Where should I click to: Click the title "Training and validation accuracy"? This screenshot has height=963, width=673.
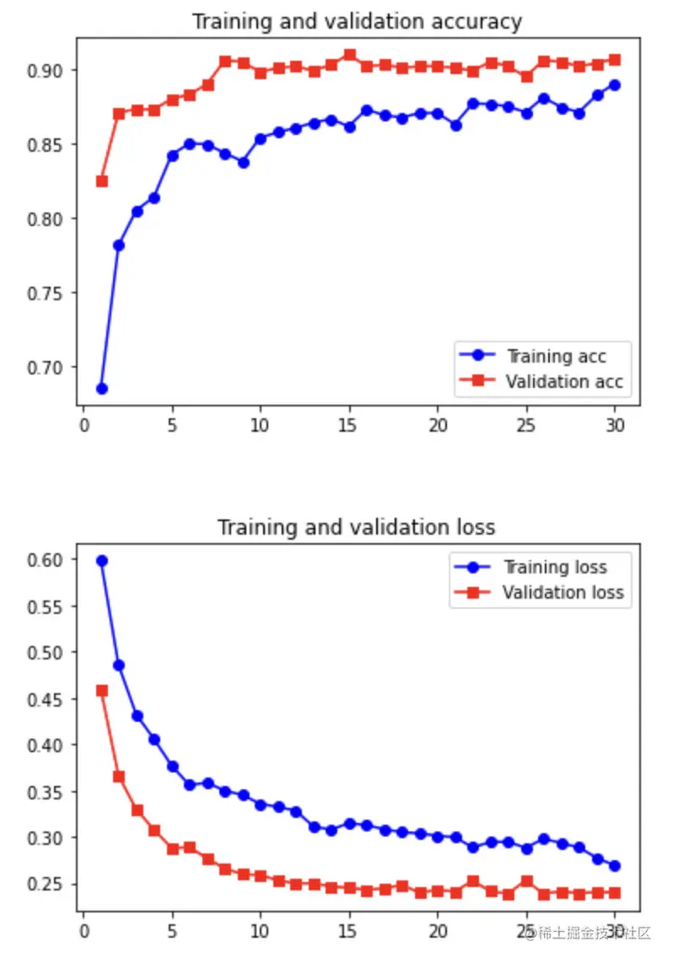(x=356, y=21)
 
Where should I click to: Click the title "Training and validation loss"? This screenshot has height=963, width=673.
(x=356, y=528)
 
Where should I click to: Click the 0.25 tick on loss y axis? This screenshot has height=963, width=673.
(x=47, y=885)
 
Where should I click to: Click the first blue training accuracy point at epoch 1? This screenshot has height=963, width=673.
(x=101, y=389)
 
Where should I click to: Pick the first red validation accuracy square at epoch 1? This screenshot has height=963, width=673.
(x=101, y=181)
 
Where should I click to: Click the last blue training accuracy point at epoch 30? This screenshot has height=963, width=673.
(x=615, y=85)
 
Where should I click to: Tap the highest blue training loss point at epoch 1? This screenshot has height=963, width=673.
(x=101, y=561)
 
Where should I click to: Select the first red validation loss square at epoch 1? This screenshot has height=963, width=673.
(x=101, y=691)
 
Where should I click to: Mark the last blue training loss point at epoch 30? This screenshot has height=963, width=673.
(x=615, y=866)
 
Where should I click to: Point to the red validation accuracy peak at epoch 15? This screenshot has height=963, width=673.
(x=349, y=56)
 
